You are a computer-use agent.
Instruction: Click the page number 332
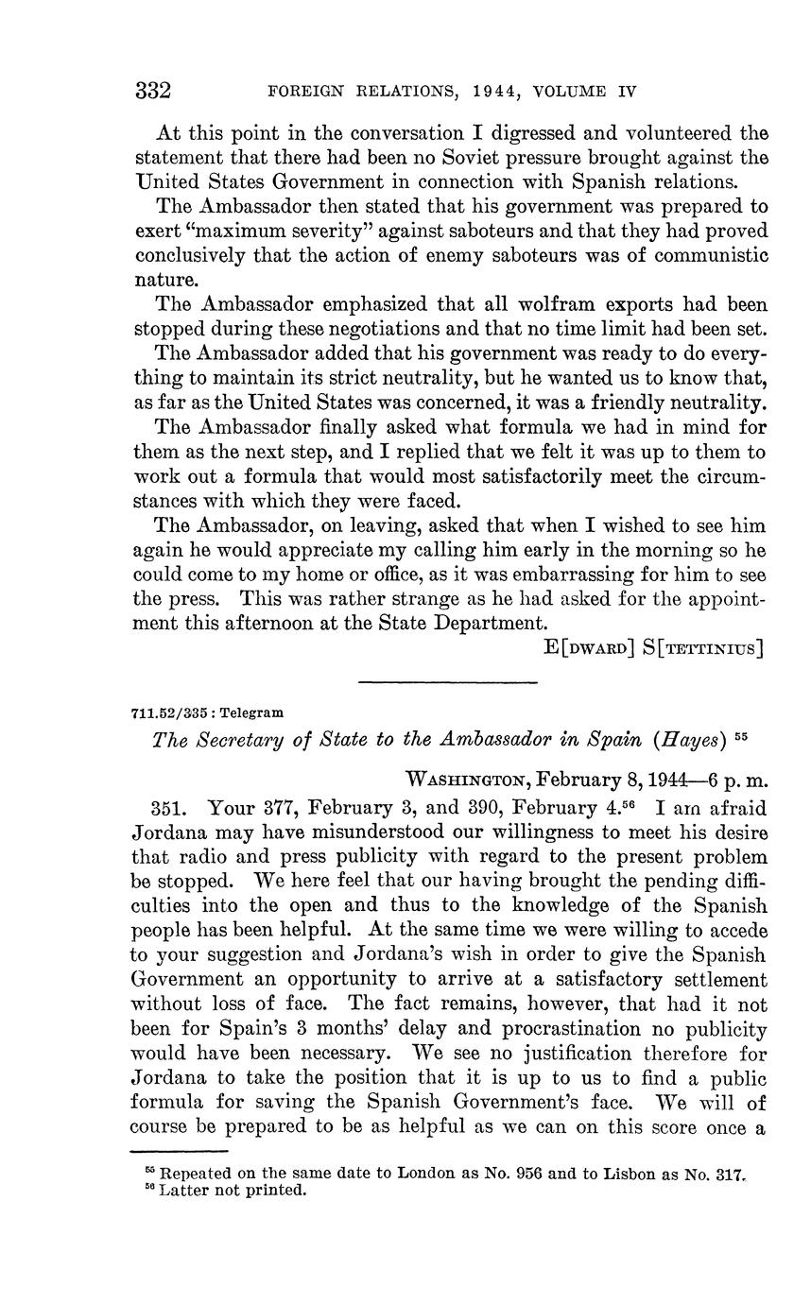pos(153,91)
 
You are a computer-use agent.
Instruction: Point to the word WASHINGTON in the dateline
pos(465,781)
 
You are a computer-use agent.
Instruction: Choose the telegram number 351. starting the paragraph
pos(169,808)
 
